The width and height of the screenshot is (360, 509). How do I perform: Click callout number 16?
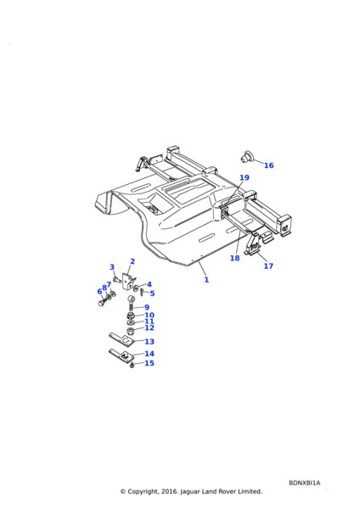268,165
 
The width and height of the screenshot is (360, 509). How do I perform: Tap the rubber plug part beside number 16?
248,156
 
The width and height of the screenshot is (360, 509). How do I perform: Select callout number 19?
245,177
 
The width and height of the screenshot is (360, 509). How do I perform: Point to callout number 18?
234,258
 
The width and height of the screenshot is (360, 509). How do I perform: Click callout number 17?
268,266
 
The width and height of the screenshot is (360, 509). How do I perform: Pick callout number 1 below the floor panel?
206,280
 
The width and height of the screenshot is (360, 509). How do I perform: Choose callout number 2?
132,261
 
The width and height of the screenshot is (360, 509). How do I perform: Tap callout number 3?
112,267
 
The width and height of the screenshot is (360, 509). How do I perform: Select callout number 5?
152,294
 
